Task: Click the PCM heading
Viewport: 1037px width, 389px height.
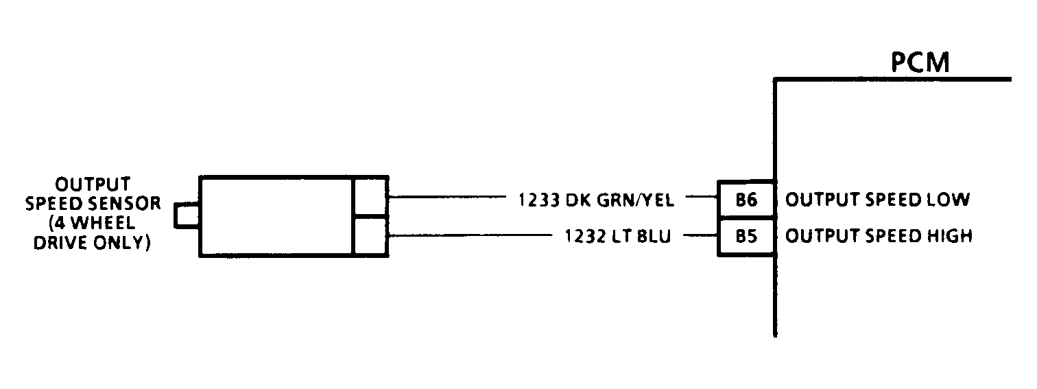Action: (920, 62)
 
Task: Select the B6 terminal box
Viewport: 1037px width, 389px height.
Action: (746, 200)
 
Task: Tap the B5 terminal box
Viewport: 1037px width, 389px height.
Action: (746, 237)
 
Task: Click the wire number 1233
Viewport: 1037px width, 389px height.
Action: (539, 200)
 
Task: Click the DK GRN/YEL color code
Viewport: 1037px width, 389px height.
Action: (621, 200)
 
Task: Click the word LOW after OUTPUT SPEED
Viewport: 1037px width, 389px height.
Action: (949, 200)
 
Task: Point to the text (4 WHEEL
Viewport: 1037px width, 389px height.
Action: (93, 224)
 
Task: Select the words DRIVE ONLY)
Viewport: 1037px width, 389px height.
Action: (93, 243)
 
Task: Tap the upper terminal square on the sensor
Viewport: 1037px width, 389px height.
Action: (370, 196)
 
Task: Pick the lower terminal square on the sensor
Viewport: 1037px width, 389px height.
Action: (370, 237)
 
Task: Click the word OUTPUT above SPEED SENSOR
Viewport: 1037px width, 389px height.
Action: (93, 185)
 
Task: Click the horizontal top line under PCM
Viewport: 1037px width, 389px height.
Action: (892, 80)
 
